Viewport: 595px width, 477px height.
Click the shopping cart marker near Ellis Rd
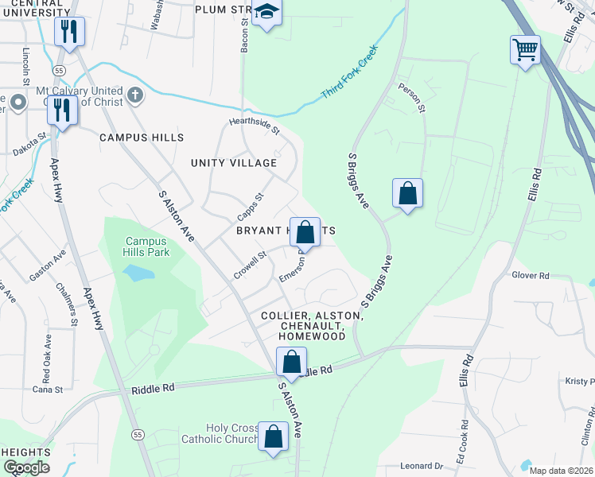click(x=525, y=50)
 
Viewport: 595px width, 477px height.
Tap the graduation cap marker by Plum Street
click(x=266, y=14)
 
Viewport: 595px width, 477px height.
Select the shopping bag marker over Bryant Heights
click(x=305, y=233)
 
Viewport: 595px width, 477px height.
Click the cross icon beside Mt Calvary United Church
click(x=135, y=96)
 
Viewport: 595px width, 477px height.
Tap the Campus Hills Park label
click(x=146, y=246)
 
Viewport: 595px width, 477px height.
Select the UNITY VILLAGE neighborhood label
click(x=234, y=163)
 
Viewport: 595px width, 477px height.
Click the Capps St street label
click(x=250, y=207)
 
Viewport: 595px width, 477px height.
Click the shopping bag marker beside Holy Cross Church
click(x=273, y=437)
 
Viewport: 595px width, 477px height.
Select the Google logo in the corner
click(x=27, y=467)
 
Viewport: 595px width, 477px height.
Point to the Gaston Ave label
click(x=48, y=266)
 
